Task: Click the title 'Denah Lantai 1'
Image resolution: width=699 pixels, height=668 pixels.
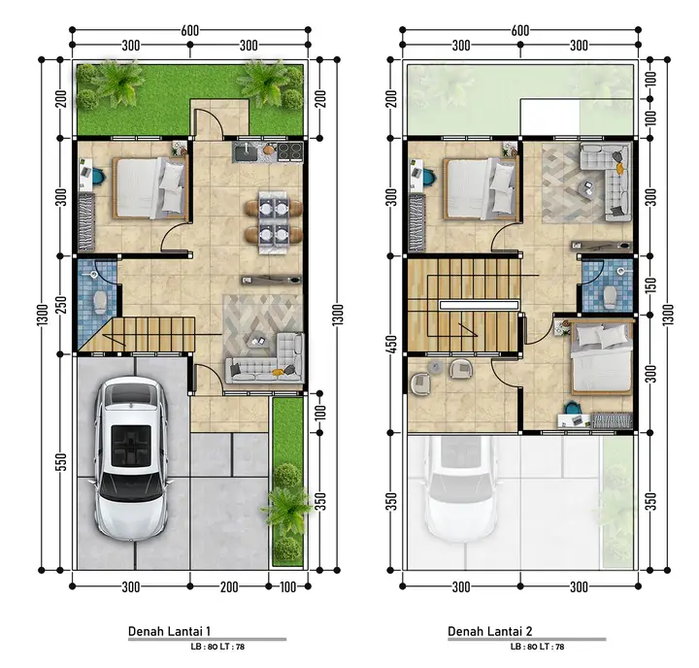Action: click(169, 631)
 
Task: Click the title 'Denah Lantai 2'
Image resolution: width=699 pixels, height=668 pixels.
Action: click(489, 631)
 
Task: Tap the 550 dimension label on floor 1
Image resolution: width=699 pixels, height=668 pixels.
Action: click(61, 461)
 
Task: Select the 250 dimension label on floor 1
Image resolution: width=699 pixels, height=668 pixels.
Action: click(61, 305)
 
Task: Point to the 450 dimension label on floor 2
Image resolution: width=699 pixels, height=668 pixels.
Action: click(391, 345)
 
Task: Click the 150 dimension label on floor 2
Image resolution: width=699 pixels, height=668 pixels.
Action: click(651, 285)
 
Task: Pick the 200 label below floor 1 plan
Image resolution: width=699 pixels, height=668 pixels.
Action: click(229, 586)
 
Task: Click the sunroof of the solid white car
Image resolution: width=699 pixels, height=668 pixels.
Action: click(131, 446)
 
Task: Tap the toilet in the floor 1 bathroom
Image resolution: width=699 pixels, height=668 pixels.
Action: click(100, 301)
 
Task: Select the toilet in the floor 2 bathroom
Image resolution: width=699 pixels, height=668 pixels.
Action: click(610, 296)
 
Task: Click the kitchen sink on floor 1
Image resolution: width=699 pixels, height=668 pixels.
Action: click(246, 152)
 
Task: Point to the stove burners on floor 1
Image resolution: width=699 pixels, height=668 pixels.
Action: click(290, 151)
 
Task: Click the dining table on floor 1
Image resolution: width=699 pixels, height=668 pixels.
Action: click(274, 222)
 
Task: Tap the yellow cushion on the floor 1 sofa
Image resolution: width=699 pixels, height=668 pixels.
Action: click(279, 372)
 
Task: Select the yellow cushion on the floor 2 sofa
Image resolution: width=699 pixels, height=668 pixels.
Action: click(619, 168)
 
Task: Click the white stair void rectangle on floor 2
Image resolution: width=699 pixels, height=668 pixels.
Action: click(479, 306)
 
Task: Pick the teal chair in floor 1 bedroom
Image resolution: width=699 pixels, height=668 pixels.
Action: click(99, 176)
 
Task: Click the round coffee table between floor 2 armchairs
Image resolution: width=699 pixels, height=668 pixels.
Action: click(435, 367)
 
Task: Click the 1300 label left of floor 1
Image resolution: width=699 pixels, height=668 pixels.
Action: click(42, 315)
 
